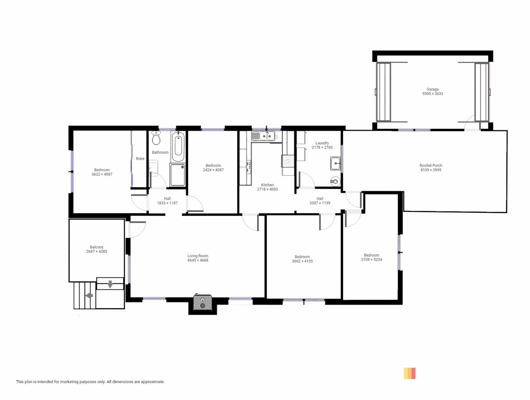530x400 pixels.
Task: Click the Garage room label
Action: (432, 89)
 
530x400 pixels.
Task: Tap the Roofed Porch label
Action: (431, 166)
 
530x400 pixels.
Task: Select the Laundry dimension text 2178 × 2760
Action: (322, 147)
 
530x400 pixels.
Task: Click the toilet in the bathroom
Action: (156, 139)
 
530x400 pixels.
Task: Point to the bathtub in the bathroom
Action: (178, 146)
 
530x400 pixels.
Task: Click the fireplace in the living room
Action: (203, 302)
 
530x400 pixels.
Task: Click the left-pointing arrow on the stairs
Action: (89, 296)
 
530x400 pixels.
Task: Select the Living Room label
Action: (198, 256)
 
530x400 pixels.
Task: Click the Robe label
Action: (140, 159)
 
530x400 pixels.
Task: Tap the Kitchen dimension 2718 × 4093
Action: (267, 189)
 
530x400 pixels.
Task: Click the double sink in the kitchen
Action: (267, 136)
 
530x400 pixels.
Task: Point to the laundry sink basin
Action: (336, 163)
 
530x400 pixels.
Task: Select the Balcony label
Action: (97, 247)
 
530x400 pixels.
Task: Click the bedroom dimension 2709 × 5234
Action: (371, 260)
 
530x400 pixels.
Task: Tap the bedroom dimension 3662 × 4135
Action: (302, 261)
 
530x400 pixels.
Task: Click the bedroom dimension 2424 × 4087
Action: (213, 170)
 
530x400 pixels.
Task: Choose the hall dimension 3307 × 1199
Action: (320, 203)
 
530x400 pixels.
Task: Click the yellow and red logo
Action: (410, 373)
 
